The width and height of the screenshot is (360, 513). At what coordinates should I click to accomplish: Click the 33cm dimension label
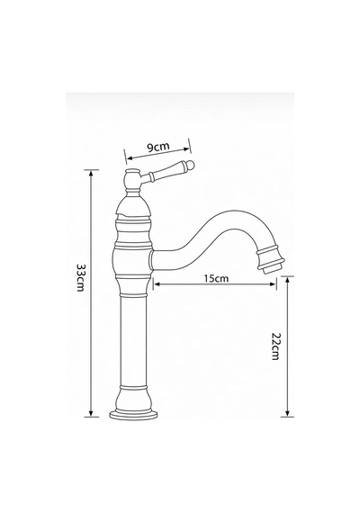point(80,277)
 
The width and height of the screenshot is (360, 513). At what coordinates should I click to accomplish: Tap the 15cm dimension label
point(216,278)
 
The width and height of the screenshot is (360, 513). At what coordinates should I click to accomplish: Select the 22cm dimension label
point(276,346)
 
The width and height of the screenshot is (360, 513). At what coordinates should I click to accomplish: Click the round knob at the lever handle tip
point(190,166)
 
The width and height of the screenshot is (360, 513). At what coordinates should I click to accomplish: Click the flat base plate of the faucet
point(133,415)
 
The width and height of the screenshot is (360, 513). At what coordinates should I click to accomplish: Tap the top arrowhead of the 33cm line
point(91,174)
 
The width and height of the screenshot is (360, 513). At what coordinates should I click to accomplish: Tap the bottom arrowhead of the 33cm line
point(91,413)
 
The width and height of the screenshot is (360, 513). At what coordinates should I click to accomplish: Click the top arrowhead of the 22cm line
point(288,280)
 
